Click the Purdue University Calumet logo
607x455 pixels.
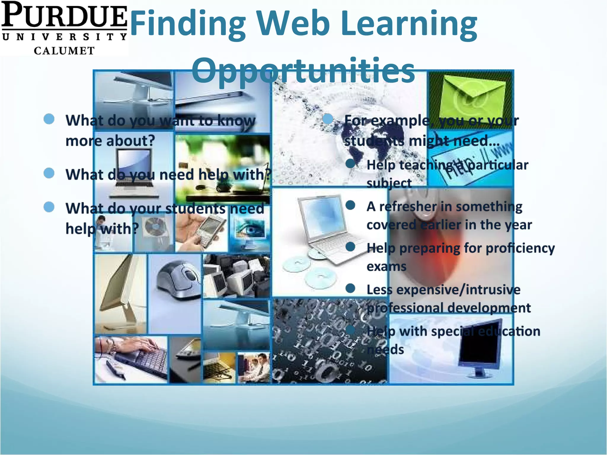64,28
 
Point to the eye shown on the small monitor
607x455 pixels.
251,230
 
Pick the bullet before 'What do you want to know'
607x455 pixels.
49,119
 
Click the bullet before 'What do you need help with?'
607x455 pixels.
49,173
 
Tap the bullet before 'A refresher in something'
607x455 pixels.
350,205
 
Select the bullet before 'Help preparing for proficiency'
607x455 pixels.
350,246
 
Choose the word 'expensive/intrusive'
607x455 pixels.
458,290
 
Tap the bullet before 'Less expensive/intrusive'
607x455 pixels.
350,288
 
